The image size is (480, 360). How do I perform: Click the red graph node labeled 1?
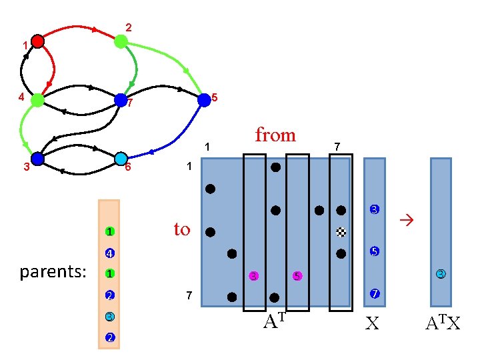[x=37, y=41]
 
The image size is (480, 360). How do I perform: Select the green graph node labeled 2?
[x=121, y=41]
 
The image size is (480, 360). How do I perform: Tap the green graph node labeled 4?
[x=37, y=100]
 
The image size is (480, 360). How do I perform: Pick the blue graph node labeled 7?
[x=121, y=100]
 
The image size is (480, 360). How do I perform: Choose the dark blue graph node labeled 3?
[x=37, y=159]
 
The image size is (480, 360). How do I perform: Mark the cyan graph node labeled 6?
[x=121, y=159]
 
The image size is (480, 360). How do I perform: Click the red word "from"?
[x=275, y=135]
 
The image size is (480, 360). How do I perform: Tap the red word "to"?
[x=182, y=229]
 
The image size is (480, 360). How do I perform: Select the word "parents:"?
[x=54, y=273]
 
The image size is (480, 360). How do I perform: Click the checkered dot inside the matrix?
[x=341, y=232]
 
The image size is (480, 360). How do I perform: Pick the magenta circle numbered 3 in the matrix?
[x=253, y=276]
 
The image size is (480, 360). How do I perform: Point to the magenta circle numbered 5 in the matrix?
[x=297, y=276]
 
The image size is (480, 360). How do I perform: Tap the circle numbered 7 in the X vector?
[x=375, y=294]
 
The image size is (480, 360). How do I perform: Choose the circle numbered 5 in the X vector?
[x=375, y=252]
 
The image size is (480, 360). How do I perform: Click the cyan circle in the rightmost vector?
[x=441, y=273]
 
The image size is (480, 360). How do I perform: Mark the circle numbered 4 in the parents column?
[x=109, y=253]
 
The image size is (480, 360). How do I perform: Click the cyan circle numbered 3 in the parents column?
[x=109, y=316]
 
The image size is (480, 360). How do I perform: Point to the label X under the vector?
[x=373, y=324]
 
